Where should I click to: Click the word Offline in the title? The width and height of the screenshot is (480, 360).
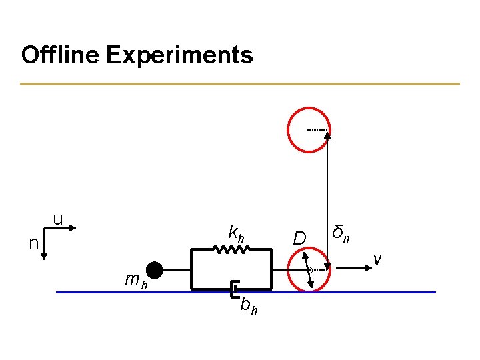(60, 55)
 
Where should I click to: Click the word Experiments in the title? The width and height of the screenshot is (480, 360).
(179, 55)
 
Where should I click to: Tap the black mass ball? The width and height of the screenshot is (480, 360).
(154, 270)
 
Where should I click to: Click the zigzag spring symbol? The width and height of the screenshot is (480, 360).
(231, 249)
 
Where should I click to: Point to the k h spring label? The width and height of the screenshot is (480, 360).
(236, 233)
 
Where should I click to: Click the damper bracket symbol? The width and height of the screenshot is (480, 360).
(233, 290)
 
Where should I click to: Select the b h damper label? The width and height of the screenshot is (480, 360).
(249, 306)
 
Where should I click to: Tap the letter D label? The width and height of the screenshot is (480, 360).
(300, 238)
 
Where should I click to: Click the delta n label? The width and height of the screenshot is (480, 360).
(342, 233)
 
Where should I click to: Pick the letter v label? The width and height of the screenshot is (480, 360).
(377, 258)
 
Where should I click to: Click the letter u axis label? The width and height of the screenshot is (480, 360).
(58, 218)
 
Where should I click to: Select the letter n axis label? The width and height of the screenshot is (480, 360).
(33, 243)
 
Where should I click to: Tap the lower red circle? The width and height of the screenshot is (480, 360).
(309, 270)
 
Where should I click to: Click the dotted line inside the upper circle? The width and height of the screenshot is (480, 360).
(317, 130)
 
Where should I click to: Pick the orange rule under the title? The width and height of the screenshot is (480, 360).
(240, 84)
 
